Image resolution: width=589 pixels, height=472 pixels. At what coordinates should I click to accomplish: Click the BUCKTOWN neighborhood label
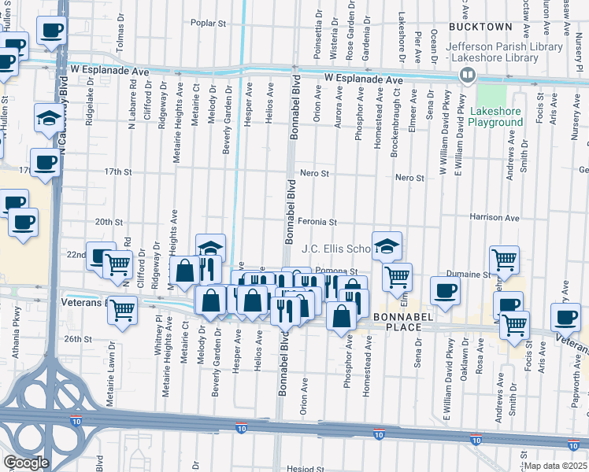tap(480, 27)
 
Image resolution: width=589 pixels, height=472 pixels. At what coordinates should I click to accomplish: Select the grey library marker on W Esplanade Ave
tap(468, 75)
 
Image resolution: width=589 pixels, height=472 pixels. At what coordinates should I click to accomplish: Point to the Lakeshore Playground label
tap(496, 116)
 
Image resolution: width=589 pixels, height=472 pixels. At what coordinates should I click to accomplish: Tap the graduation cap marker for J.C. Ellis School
tap(387, 247)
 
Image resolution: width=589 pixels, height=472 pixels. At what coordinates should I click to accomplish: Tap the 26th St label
tap(78, 339)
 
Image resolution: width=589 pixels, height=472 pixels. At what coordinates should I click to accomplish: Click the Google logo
tap(26, 463)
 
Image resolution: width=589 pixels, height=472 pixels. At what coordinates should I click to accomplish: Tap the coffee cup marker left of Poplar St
tap(51, 31)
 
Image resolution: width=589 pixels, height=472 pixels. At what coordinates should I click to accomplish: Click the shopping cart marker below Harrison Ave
tap(504, 259)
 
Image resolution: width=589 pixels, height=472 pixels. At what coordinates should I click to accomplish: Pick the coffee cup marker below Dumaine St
tap(445, 291)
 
